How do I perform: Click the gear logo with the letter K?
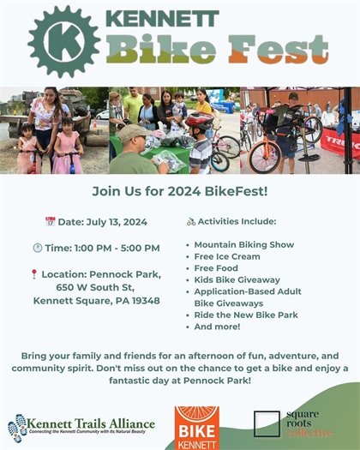pos(64,41)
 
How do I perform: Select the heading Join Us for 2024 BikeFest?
pos(180,193)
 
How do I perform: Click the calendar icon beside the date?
pos(50,222)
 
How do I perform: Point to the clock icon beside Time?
pos(50,249)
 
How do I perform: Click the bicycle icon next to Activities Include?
pos(191,221)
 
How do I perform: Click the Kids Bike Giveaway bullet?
pos(237,280)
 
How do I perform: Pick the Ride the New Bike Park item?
pos(245,315)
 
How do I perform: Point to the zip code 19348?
pos(141,301)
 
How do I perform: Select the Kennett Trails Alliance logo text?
pos(90,423)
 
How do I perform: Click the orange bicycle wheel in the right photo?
pos(266,156)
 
